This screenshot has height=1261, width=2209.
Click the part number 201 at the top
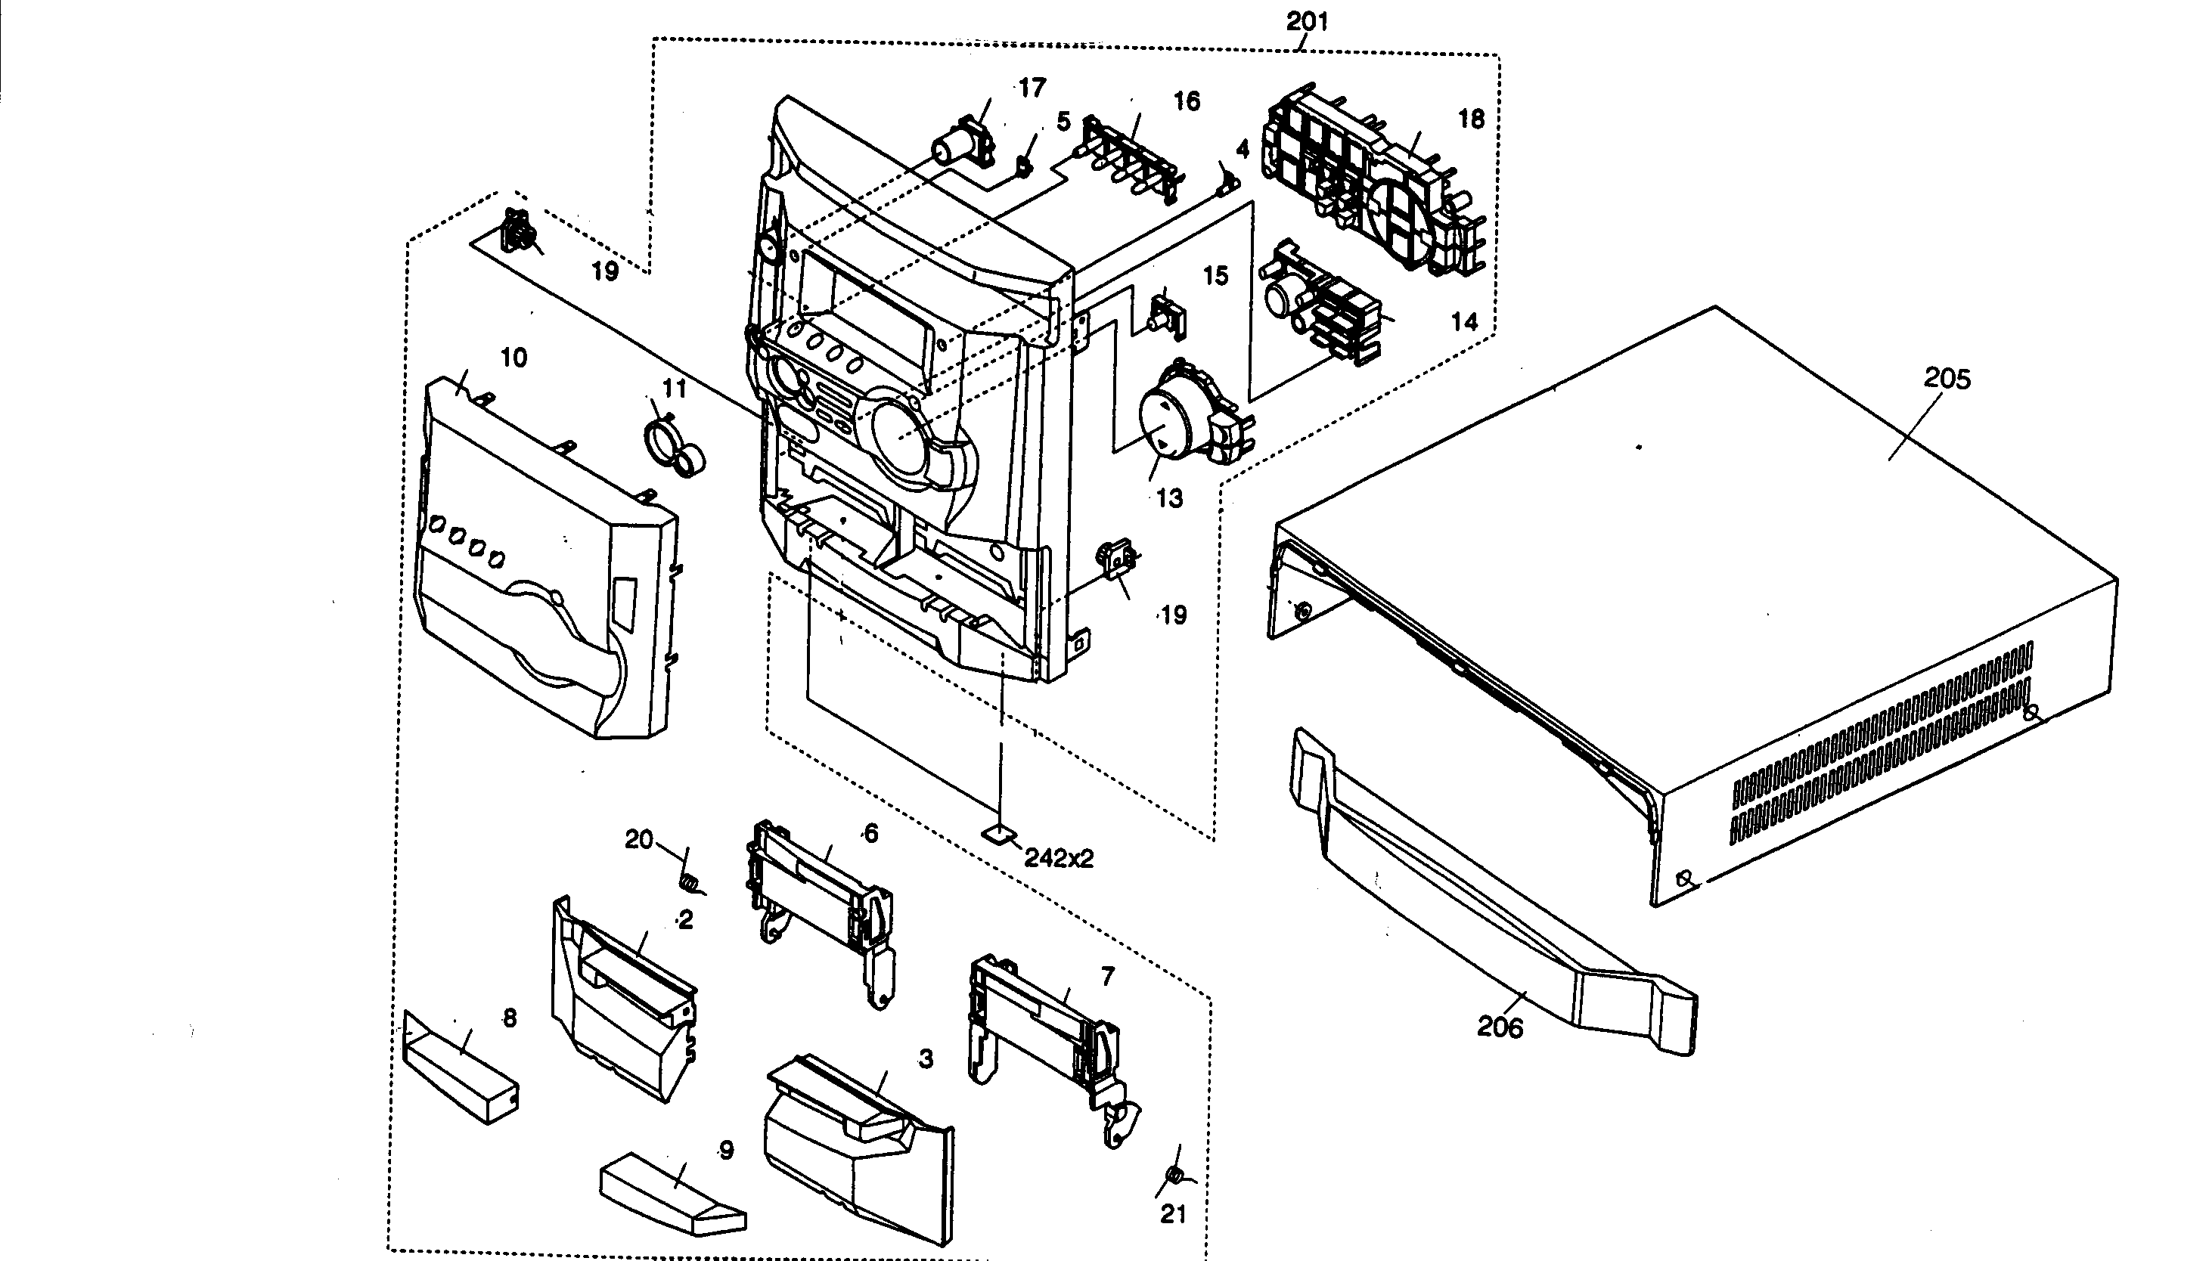coord(1306,22)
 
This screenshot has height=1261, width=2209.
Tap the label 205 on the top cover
coord(1947,379)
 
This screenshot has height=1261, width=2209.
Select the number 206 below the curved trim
coord(1500,1027)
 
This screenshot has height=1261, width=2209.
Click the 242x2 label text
coord(1059,858)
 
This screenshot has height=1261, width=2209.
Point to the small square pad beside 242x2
coord(998,833)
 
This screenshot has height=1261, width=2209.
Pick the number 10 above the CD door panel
coord(513,358)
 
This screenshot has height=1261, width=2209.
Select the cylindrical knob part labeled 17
coord(959,145)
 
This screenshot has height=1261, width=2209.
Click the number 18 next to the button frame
coord(1471,119)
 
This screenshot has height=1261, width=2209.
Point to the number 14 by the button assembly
coord(1463,321)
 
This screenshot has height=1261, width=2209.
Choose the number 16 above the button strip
coord(1186,101)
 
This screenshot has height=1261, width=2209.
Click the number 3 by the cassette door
coord(925,1058)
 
